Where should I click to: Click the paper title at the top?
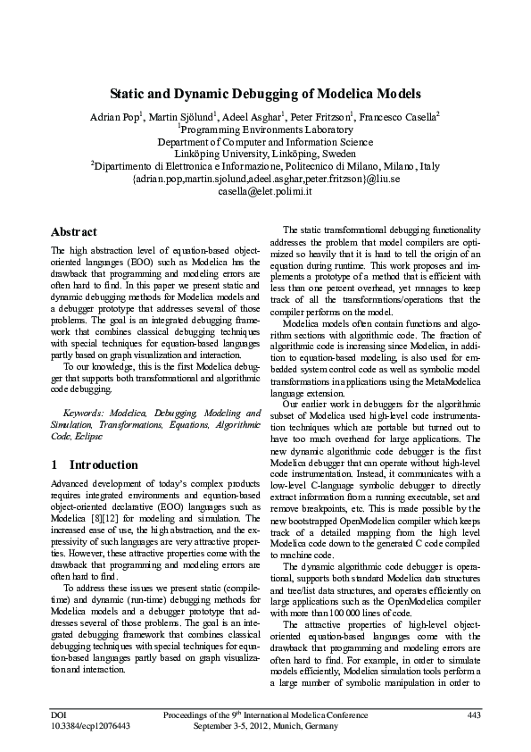tap(265, 93)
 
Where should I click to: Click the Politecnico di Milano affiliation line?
tap(265, 166)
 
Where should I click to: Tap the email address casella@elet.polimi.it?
tap(265, 191)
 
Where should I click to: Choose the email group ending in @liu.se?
tap(265, 179)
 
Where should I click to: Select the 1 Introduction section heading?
tap(95, 465)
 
